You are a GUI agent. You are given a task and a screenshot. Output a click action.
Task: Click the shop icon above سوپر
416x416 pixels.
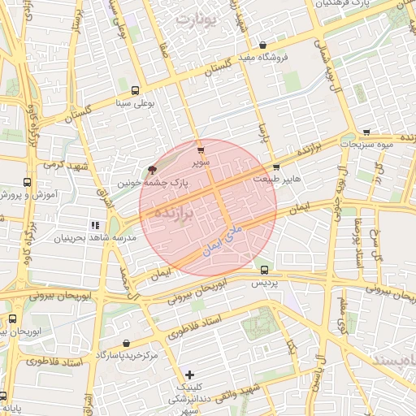click(x=201, y=149)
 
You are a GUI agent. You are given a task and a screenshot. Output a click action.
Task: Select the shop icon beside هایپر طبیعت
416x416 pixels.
click(x=278, y=167)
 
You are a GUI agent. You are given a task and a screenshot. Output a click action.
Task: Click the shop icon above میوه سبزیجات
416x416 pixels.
click(x=367, y=131)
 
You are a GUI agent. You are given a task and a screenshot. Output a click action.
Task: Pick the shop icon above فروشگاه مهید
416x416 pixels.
click(x=262, y=45)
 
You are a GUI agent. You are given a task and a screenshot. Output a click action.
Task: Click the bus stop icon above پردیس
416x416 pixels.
click(x=263, y=269)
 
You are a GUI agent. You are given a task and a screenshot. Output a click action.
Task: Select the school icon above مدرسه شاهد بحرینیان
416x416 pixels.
click(x=95, y=224)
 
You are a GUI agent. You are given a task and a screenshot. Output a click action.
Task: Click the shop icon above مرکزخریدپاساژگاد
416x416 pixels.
click(x=126, y=344)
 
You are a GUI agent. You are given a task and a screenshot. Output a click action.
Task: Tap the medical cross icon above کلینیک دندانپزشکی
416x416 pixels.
click(x=190, y=374)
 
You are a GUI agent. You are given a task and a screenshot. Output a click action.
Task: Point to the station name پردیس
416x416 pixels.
click(x=263, y=282)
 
